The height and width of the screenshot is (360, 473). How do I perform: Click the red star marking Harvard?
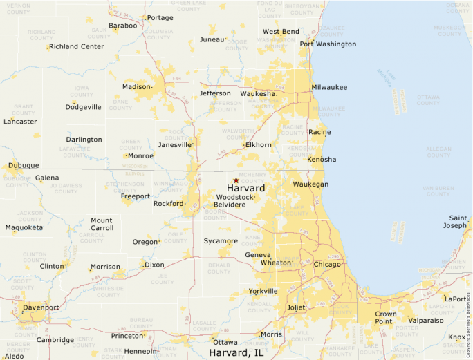[x=236, y=180]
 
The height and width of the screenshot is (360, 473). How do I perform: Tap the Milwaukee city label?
[x=329, y=87]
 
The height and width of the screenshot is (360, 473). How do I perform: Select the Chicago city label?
[x=327, y=264]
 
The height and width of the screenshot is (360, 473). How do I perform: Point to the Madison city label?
[x=136, y=87]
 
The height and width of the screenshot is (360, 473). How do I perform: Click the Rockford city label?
[x=168, y=204]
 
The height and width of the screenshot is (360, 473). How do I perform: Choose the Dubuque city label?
[x=23, y=166]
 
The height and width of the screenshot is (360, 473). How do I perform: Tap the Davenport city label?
[x=41, y=307]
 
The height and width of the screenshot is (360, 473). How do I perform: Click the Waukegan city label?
[x=310, y=184]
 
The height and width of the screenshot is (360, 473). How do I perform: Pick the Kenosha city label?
[x=321, y=160]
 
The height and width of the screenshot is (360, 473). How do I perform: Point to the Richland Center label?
[x=77, y=47]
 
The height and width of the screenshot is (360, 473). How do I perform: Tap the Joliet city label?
[x=295, y=307]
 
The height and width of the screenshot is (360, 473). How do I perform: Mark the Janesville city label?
[x=174, y=145]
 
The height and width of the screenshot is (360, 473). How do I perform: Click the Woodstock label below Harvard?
[x=234, y=197]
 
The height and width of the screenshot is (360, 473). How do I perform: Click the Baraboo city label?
[x=123, y=26]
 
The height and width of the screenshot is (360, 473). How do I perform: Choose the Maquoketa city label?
[x=24, y=227]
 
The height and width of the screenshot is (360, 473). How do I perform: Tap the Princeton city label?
[x=127, y=336]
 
